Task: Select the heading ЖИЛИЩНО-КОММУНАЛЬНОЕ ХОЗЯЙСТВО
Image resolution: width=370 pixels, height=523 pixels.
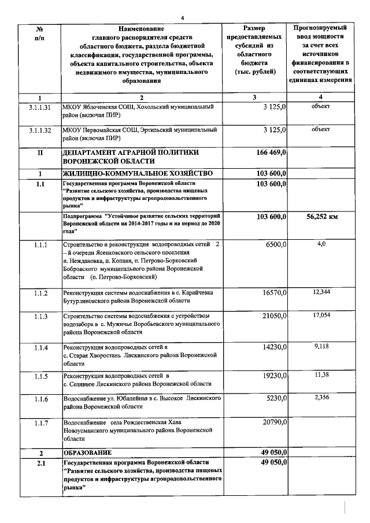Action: click(132, 173)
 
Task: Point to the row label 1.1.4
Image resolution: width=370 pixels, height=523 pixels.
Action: click(40, 347)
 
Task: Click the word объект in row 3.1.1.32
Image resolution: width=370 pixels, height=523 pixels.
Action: click(320, 129)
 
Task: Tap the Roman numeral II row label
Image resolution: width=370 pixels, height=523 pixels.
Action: click(40, 153)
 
